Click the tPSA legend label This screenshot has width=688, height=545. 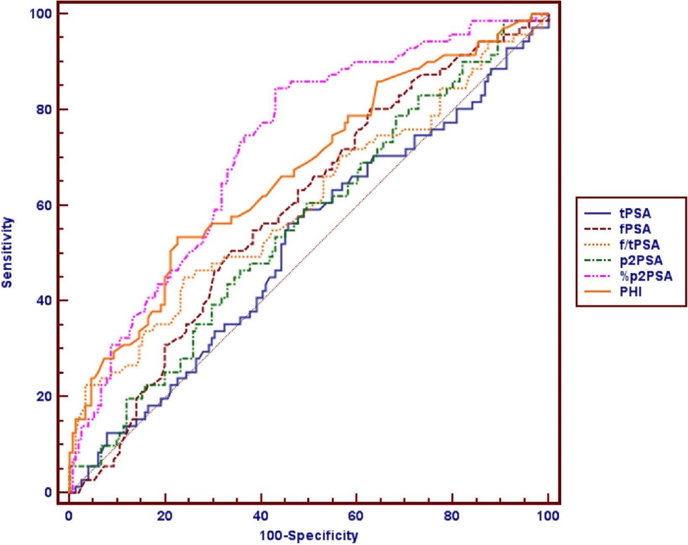pyautogui.click(x=635, y=213)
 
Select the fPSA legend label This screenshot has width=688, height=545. pyautogui.click(x=635, y=229)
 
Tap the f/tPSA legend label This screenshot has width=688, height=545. pyautogui.click(x=639, y=245)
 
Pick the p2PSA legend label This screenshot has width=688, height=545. pyautogui.click(x=640, y=261)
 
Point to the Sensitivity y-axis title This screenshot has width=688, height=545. pyautogui.click(x=8, y=252)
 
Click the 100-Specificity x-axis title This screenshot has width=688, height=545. pyautogui.click(x=309, y=536)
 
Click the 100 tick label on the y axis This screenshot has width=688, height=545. pyautogui.click(x=41, y=14)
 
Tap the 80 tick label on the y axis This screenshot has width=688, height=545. pyautogui.click(x=44, y=109)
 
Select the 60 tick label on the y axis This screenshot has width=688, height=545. pyautogui.click(x=44, y=205)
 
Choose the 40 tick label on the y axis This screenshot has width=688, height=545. pyautogui.click(x=44, y=301)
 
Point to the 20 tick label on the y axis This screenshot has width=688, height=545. pyautogui.click(x=44, y=396)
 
